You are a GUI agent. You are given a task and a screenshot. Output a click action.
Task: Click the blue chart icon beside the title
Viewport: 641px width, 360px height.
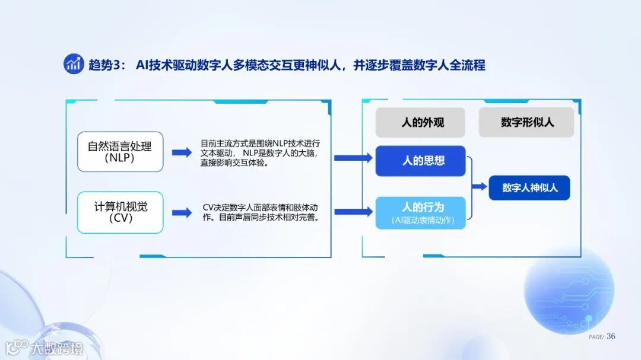[74, 64]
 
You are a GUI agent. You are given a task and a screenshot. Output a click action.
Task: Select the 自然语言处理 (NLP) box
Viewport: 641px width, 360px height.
[120, 152]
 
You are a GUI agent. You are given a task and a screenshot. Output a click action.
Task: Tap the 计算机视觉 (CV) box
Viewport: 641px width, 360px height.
[120, 212]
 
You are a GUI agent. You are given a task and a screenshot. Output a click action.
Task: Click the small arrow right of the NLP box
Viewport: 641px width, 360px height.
[182, 152]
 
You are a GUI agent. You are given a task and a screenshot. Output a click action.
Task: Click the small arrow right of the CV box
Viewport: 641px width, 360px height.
[182, 212]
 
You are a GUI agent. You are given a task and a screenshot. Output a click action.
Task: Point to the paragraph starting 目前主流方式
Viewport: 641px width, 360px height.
[261, 153]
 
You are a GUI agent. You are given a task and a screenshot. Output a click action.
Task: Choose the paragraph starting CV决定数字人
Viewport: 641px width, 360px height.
[261, 212]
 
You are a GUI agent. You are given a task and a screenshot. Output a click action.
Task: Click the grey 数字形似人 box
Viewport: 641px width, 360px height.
[526, 123]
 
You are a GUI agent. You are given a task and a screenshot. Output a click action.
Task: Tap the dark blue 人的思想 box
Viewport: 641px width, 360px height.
[420, 161]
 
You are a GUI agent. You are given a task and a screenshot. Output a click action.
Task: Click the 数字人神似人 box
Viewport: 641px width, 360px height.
[529, 187]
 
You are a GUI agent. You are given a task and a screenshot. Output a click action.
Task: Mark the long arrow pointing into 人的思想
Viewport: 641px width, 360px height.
[353, 158]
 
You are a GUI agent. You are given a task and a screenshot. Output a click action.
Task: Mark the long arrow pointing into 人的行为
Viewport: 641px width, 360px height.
[353, 211]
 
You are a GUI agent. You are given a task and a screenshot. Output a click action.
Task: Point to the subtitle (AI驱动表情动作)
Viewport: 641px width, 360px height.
[420, 221]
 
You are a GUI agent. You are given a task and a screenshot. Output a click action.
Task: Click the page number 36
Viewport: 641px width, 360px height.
[611, 336]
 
